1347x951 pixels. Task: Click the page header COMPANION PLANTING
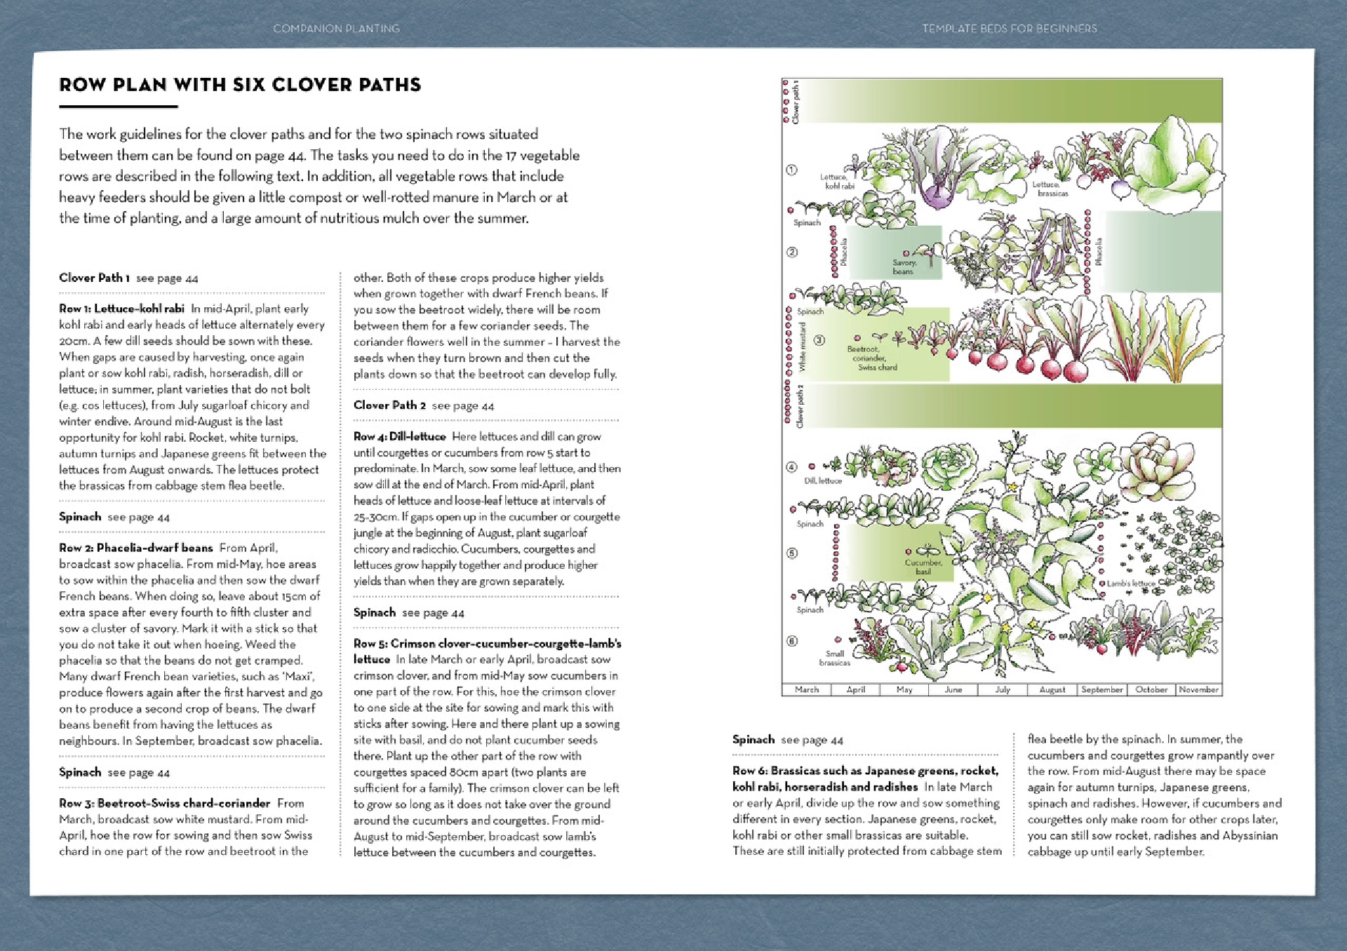(336, 29)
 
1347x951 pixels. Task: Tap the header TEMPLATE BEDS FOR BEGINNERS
(1010, 29)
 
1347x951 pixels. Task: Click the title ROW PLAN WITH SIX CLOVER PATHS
(240, 85)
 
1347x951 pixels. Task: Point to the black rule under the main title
(118, 107)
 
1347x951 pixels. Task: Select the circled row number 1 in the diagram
(791, 170)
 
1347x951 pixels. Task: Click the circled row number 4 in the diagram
(791, 466)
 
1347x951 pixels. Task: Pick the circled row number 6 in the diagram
(791, 640)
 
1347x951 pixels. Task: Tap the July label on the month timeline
(1003, 690)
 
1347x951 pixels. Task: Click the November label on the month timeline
(1198, 690)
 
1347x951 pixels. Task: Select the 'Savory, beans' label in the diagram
(904, 267)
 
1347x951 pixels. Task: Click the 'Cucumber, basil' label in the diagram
(923, 567)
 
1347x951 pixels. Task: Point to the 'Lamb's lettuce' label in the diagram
(1130, 584)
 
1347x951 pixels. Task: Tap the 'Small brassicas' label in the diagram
(834, 658)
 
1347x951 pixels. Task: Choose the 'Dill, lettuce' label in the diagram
(822, 481)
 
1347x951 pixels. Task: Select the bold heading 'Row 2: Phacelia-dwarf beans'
(135, 548)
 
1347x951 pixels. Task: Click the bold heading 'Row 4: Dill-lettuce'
(399, 436)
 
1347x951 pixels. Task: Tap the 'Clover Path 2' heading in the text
(389, 405)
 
